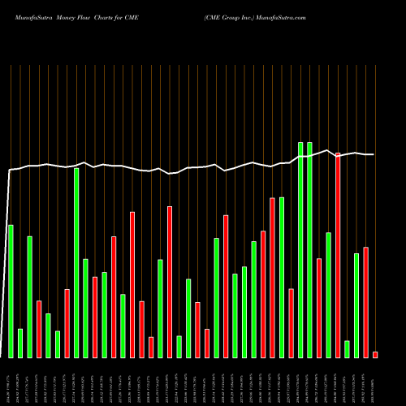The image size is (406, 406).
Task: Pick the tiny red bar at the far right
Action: coord(375,354)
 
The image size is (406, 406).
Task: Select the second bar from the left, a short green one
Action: coord(20,343)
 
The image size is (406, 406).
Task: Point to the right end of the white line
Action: coord(374,154)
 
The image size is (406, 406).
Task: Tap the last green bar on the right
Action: coord(356,305)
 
